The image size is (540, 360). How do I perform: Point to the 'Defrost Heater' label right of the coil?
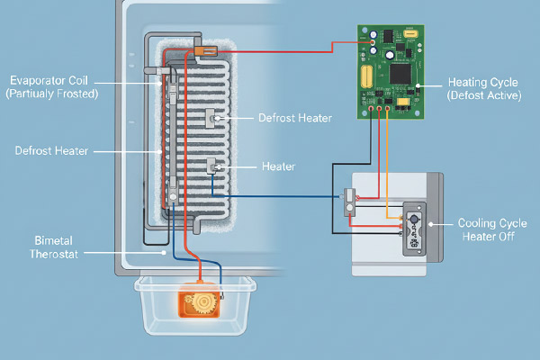click(x=294, y=118)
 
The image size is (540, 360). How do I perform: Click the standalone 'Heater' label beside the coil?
click(x=278, y=166)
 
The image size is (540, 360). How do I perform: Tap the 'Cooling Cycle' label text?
click(x=493, y=222)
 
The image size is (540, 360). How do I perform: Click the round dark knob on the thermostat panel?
click(x=415, y=219)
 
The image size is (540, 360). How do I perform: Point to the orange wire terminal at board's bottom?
click(x=388, y=112)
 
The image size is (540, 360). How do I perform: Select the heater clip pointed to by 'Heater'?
click(x=214, y=166)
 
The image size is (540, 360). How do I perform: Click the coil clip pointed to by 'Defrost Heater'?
click(x=216, y=117)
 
